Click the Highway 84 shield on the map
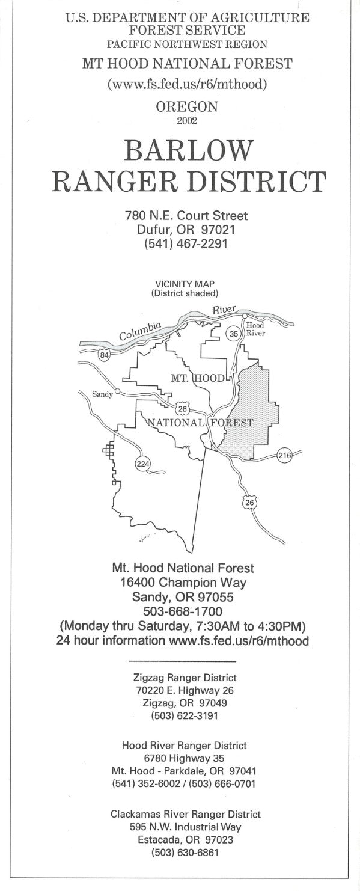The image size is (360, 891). click(105, 355)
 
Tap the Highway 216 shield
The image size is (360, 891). click(284, 456)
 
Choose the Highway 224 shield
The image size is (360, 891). click(143, 464)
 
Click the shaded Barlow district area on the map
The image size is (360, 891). click(252, 409)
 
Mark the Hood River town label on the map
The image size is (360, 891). click(255, 329)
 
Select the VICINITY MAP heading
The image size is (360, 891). click(185, 284)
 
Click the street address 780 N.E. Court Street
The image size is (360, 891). click(186, 215)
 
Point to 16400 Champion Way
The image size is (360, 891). click(183, 582)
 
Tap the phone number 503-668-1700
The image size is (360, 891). click(183, 611)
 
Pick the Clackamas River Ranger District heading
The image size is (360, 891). click(185, 814)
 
